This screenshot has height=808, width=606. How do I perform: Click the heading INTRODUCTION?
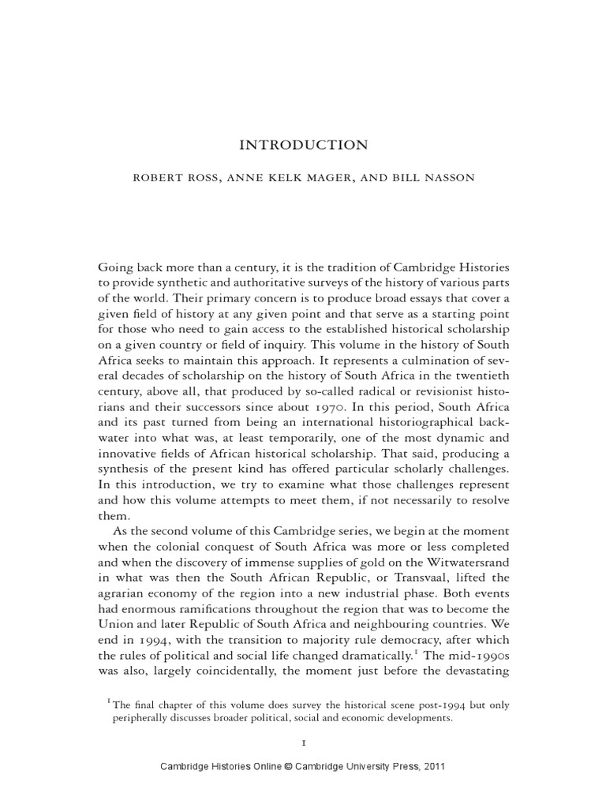click(304, 145)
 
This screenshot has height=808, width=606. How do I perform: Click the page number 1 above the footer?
click(304, 743)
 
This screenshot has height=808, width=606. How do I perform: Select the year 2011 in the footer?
click(433, 766)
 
